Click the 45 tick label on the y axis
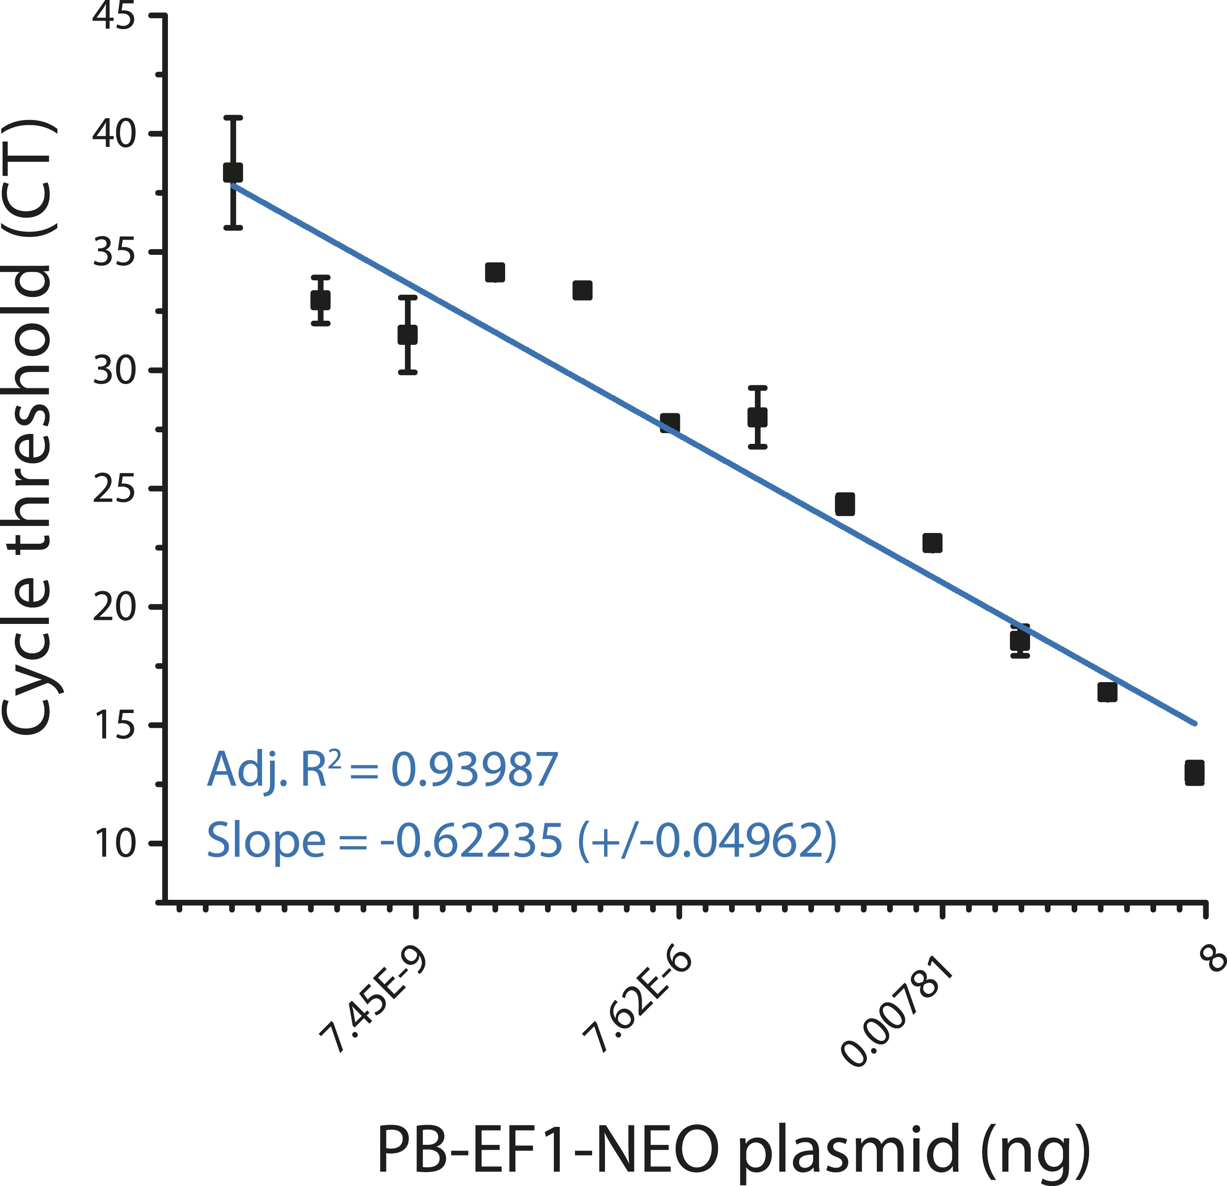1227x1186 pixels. click(x=113, y=16)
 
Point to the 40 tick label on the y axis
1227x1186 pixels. click(x=113, y=134)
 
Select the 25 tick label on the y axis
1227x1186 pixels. click(x=113, y=489)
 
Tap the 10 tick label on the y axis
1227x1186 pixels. click(x=113, y=843)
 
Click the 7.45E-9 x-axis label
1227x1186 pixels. click(x=373, y=1000)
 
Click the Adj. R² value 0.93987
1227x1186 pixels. click(x=474, y=769)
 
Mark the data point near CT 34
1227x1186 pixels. click(x=494, y=272)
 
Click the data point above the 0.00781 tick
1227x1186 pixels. click(x=932, y=543)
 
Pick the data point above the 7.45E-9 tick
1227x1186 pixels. click(x=408, y=335)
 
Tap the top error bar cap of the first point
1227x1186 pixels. click(x=233, y=117)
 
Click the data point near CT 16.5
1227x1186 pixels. click(x=1107, y=692)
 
